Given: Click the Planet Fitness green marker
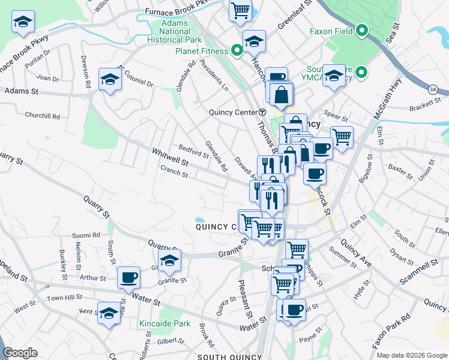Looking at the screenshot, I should click(x=237, y=52).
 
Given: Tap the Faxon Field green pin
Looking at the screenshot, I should click(x=362, y=30).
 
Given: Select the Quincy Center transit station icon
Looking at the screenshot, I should click(x=262, y=112).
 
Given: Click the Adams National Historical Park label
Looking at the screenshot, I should click(x=166, y=32).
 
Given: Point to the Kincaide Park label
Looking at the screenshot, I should click(x=164, y=323).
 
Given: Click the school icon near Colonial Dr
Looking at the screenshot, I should click(x=110, y=80).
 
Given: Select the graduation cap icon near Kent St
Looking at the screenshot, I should click(x=109, y=314).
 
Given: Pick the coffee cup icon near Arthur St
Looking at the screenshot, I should click(x=128, y=278).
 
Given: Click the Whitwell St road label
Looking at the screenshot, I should click(x=170, y=158).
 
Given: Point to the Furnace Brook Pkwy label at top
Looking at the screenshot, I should click(x=179, y=11).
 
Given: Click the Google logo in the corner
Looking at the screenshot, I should click(x=20, y=352).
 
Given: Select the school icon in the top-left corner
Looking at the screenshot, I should click(x=23, y=23).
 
